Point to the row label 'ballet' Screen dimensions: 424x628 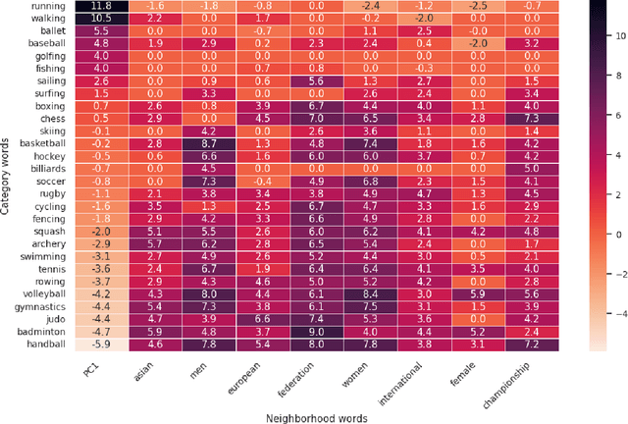[x=51, y=31]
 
